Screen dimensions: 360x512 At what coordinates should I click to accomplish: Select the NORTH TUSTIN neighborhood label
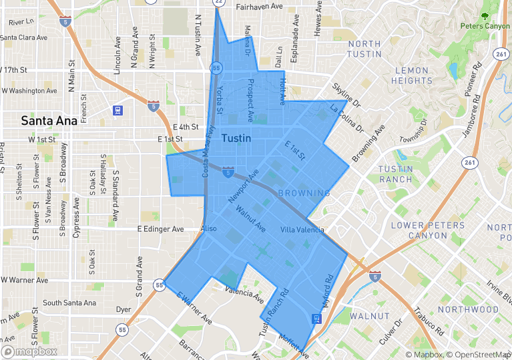[364, 49]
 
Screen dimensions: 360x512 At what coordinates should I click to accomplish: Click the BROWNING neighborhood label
[304, 194]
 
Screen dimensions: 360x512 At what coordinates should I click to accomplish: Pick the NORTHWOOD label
[468, 310]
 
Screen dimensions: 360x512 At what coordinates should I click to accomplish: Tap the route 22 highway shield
[219, 3]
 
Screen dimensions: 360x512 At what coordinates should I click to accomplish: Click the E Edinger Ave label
[160, 229]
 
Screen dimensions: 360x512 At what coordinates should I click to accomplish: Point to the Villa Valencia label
[302, 230]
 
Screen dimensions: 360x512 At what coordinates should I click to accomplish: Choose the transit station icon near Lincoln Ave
[117, 110]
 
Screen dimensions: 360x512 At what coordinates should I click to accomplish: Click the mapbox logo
[29, 351]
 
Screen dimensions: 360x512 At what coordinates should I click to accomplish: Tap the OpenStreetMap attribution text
[478, 355]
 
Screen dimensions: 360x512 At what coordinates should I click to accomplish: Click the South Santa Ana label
[69, 303]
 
